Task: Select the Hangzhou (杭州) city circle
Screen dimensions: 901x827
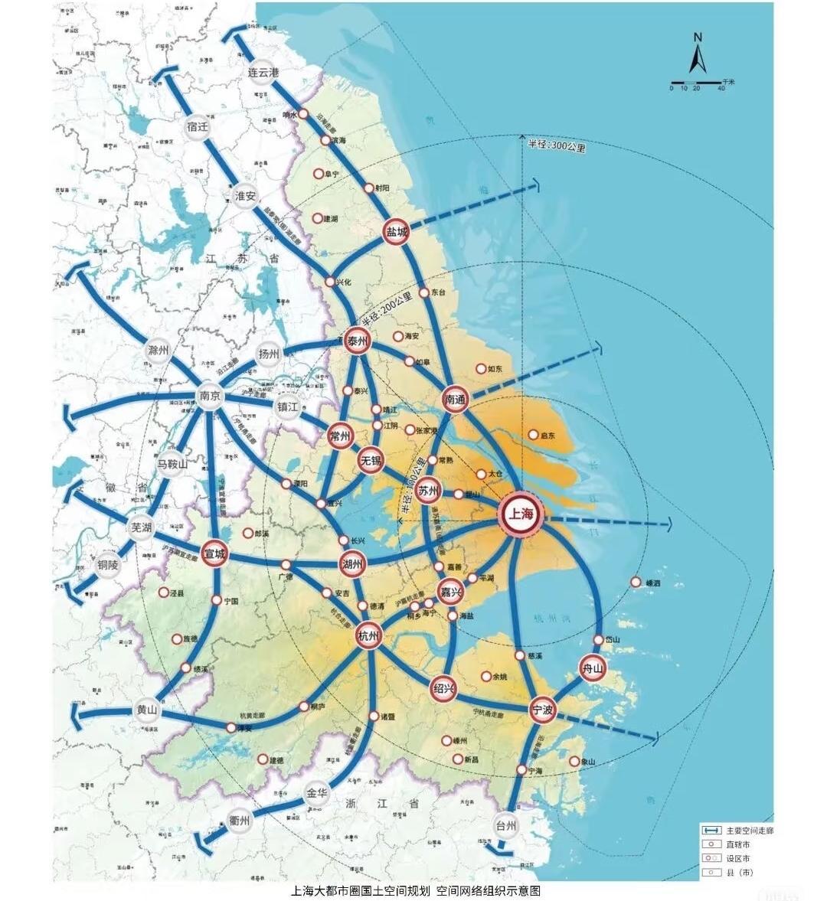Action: coord(368,635)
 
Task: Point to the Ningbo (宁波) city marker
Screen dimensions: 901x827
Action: coord(542,710)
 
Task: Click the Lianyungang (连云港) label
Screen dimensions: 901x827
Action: coord(263,72)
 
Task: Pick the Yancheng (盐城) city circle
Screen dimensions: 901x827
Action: coord(396,232)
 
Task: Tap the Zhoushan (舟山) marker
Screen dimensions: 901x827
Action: coord(593,668)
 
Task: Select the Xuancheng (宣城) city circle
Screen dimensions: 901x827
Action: coord(214,553)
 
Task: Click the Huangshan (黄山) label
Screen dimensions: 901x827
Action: coord(146,710)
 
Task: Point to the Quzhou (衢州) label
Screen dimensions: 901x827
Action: coord(240,821)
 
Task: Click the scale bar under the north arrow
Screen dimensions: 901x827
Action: coord(696,82)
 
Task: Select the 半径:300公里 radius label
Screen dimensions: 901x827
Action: coord(556,146)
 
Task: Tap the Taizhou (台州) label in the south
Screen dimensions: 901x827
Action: coord(506,827)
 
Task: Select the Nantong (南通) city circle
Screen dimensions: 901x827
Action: coord(455,399)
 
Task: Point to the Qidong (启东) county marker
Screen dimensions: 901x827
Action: coord(534,435)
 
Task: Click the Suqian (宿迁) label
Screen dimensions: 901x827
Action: coord(198,127)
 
